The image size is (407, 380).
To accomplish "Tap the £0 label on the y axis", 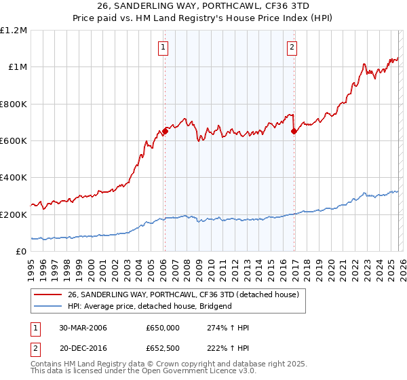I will (x=21, y=252).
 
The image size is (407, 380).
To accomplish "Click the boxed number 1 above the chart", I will (x=164, y=47).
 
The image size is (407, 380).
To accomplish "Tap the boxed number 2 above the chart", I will (x=292, y=47).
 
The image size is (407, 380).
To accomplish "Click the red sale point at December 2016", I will (x=294, y=132).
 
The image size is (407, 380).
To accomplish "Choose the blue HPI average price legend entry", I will (x=150, y=306).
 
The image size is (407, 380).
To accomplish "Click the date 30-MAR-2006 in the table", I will (x=83, y=328).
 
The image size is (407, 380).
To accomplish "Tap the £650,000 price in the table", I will (x=162, y=328).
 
